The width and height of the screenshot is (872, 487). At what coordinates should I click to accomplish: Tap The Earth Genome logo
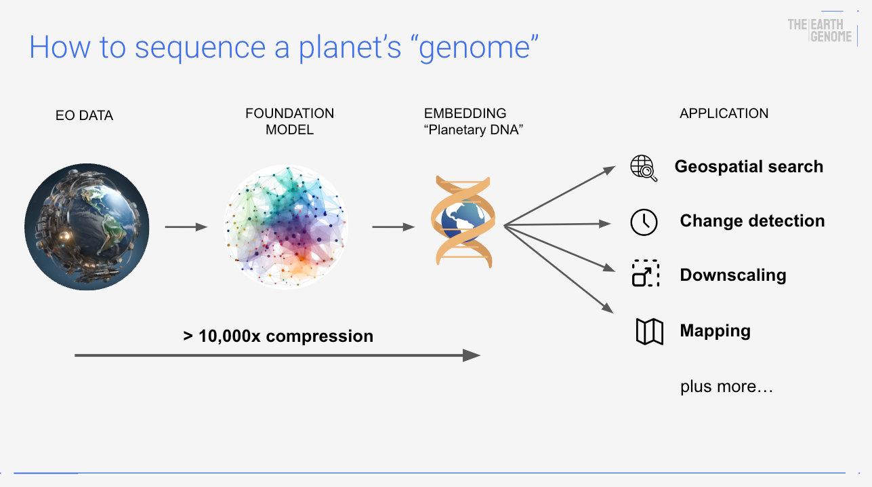820,31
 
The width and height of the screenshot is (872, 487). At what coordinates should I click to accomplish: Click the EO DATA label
84,115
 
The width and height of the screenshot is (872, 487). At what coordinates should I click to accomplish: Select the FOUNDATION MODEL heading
289,121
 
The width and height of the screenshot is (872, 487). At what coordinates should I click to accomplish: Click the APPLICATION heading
724,113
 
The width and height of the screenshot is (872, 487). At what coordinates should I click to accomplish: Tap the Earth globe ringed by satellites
86,227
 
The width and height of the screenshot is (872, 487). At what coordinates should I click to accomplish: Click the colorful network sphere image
285,227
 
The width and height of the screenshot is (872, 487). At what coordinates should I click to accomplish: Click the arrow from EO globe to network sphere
186,227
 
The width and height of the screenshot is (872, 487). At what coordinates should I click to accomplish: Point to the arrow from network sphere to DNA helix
393,227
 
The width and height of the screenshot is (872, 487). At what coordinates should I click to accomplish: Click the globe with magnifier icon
644,168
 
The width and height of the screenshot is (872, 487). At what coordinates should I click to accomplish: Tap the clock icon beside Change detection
644,222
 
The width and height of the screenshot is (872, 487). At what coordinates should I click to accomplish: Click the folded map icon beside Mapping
649,332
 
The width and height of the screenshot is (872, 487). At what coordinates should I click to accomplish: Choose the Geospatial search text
749,167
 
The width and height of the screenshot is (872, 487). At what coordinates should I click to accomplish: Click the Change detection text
752,221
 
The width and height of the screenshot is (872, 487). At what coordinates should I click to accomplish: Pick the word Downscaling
733,275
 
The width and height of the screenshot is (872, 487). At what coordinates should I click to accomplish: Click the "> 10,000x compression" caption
278,336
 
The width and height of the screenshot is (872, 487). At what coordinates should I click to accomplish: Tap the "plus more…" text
726,387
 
